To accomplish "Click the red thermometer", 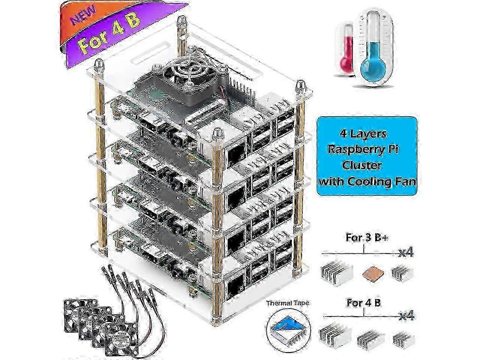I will [347, 49].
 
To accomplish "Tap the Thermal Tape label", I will [288, 303].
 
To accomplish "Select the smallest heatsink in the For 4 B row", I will [401, 340].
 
